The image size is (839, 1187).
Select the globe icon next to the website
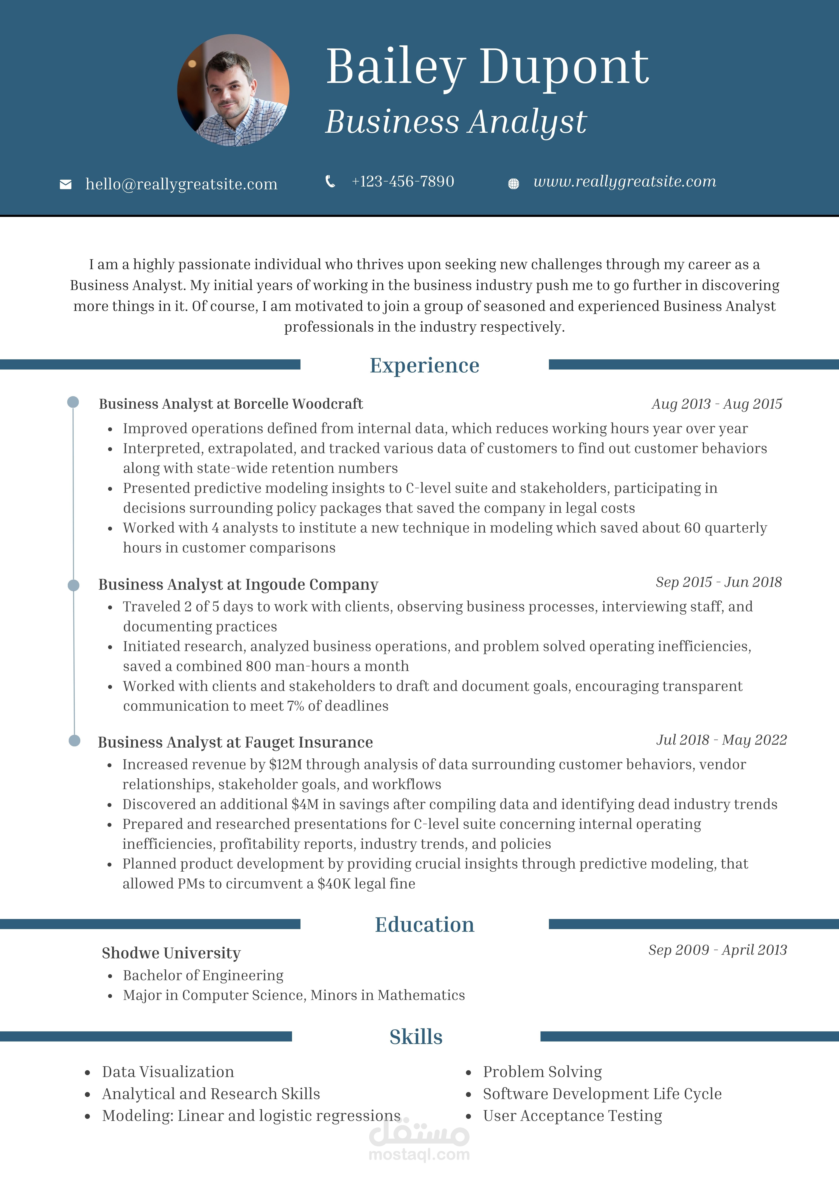click(x=513, y=183)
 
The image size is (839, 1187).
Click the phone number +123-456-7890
click(x=403, y=181)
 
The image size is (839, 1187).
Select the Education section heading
click(x=424, y=924)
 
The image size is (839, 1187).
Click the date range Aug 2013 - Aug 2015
click(x=717, y=404)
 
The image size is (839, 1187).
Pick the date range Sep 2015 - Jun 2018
click(x=719, y=582)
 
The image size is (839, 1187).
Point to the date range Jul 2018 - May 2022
click(x=721, y=740)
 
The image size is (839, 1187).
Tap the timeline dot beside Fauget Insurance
click(x=74, y=741)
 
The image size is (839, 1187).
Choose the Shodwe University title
click(x=171, y=953)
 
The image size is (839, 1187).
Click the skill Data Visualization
click(x=168, y=1072)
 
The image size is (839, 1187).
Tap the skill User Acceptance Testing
click(x=572, y=1116)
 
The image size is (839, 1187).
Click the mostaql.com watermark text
click(x=419, y=1155)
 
